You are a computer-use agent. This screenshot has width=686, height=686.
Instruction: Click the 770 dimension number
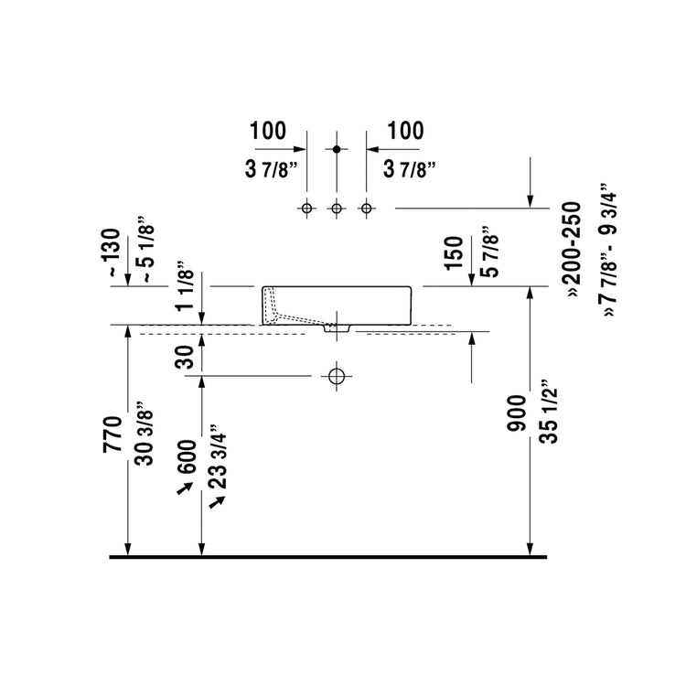point(113,434)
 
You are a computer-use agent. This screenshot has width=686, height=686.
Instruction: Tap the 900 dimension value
point(517,413)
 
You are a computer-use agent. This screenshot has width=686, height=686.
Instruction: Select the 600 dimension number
point(187,456)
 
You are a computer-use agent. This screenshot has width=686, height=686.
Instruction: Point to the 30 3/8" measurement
point(145,434)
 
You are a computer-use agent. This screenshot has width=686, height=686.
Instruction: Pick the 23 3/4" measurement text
point(218,456)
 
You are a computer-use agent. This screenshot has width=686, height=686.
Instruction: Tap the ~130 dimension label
point(113,252)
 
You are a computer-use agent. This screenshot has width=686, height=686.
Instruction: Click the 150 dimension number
point(454,253)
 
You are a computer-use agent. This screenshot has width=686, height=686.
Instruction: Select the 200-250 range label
point(573,250)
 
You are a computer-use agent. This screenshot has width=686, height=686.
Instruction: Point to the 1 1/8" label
point(184,286)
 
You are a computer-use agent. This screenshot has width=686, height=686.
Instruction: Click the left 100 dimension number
point(268,131)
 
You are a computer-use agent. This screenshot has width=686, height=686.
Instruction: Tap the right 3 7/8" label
point(410,169)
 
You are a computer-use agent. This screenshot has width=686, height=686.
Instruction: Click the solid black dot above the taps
point(337,149)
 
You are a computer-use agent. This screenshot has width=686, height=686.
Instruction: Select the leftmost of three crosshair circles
point(306,209)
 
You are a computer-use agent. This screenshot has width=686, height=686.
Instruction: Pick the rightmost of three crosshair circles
point(367,209)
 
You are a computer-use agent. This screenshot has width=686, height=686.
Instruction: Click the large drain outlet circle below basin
point(337,376)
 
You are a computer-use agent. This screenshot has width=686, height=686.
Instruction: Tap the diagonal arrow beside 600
point(185,488)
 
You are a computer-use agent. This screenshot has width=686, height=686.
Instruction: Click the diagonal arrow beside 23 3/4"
point(217,502)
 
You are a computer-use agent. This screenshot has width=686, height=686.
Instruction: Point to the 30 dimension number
point(184,357)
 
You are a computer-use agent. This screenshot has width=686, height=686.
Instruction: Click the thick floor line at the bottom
point(328,557)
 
